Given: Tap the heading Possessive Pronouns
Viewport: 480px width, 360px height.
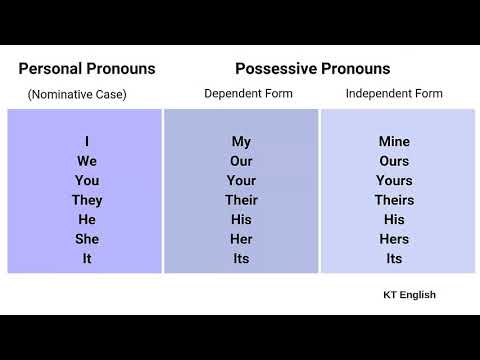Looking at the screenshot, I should coord(312,69).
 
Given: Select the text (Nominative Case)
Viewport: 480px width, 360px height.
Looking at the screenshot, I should coord(77,95).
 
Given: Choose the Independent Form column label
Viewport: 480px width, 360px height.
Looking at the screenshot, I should coord(394,94).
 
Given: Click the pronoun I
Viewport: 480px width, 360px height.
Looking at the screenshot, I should coord(87,142).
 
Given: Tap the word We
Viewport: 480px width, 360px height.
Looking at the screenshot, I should coord(87,161).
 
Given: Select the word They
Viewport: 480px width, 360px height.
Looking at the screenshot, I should coord(87,200).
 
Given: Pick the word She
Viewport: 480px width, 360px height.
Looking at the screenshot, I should coord(87,239).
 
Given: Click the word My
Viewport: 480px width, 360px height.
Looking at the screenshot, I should coord(241,142).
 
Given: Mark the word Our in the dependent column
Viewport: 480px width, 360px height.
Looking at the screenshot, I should coord(241,161).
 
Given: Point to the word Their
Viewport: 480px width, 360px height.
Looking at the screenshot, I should coord(241,200).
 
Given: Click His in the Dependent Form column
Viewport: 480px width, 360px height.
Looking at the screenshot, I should coord(241,219).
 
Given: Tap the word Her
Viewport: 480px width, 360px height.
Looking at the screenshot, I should coord(241,239).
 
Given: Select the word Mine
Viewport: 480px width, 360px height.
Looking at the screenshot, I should coord(394,142).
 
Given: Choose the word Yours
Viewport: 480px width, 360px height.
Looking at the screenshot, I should coord(394,181).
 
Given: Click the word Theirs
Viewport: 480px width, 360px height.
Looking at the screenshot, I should coord(394,200).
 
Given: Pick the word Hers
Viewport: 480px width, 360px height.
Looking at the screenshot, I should coord(394,239).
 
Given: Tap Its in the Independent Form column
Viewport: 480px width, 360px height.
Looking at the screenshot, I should coord(394,258).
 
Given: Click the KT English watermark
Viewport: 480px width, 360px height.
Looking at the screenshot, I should coord(409,295).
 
